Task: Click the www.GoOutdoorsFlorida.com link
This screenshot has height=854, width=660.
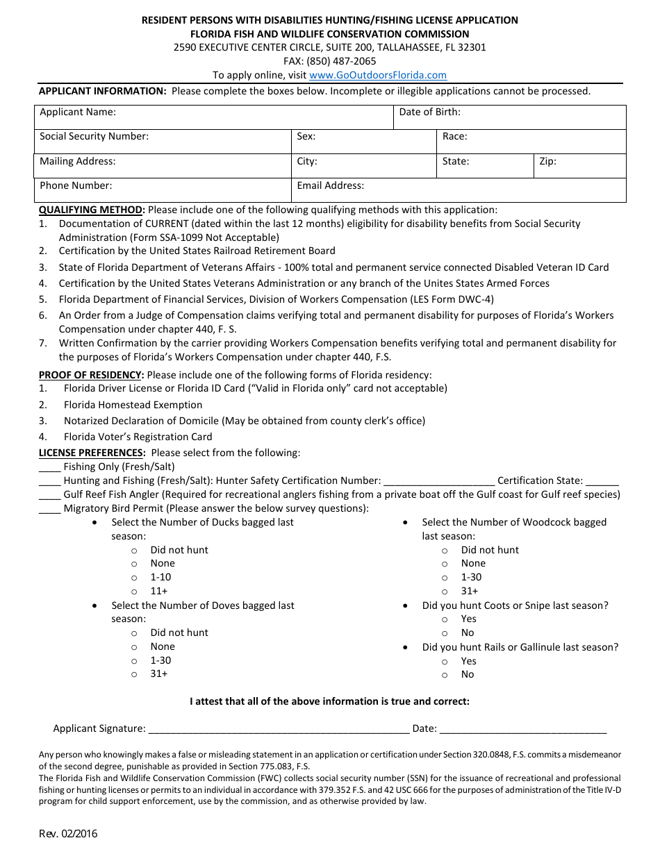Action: point(377,75)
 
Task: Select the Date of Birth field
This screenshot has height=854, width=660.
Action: point(511,117)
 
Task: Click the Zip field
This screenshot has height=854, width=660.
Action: point(579,166)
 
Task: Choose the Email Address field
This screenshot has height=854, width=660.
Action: point(459,190)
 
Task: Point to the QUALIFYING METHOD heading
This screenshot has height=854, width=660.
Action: point(92,210)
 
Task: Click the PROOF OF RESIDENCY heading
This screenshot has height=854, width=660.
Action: point(91,375)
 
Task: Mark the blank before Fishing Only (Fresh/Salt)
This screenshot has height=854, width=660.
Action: point(49,468)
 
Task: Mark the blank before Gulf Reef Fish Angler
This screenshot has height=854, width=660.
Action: point(49,496)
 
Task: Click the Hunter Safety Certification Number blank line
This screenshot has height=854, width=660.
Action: point(439,482)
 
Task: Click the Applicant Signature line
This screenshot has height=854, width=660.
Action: point(278,729)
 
